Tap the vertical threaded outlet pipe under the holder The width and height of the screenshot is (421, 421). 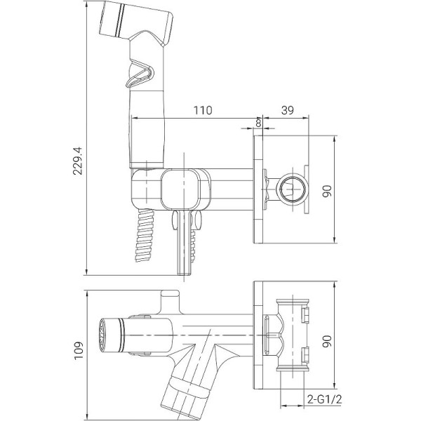coord(185,246)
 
